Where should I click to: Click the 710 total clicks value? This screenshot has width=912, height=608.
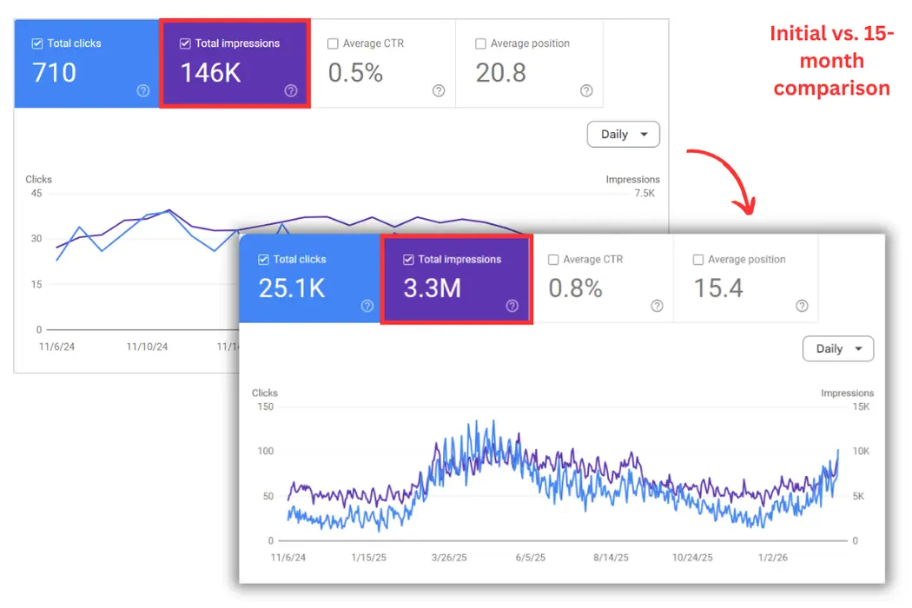[x=55, y=73]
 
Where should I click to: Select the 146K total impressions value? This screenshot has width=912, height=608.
[x=211, y=73]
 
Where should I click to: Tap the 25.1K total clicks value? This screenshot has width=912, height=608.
[x=292, y=288]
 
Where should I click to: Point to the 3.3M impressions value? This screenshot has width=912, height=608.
[x=432, y=288]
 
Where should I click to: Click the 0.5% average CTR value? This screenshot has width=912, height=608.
[x=355, y=73]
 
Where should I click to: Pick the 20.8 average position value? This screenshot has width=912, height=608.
[x=501, y=73]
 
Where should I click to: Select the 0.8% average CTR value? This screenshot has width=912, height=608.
[x=575, y=288]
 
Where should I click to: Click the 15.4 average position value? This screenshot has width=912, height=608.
[x=718, y=288]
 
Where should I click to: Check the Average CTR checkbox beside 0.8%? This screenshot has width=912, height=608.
[x=553, y=260]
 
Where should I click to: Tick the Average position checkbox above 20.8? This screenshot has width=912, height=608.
[x=481, y=44]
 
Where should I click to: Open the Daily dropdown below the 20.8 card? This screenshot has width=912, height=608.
[x=624, y=135]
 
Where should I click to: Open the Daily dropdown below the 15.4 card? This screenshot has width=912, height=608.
[x=838, y=349]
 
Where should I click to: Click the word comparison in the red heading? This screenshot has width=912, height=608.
[x=831, y=88]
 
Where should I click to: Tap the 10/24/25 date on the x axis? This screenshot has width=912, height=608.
[x=693, y=558]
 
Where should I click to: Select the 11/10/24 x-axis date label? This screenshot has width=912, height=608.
[x=147, y=347]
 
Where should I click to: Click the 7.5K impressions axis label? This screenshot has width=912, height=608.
[x=644, y=194]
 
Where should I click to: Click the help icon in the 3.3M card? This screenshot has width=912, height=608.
[x=512, y=306]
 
